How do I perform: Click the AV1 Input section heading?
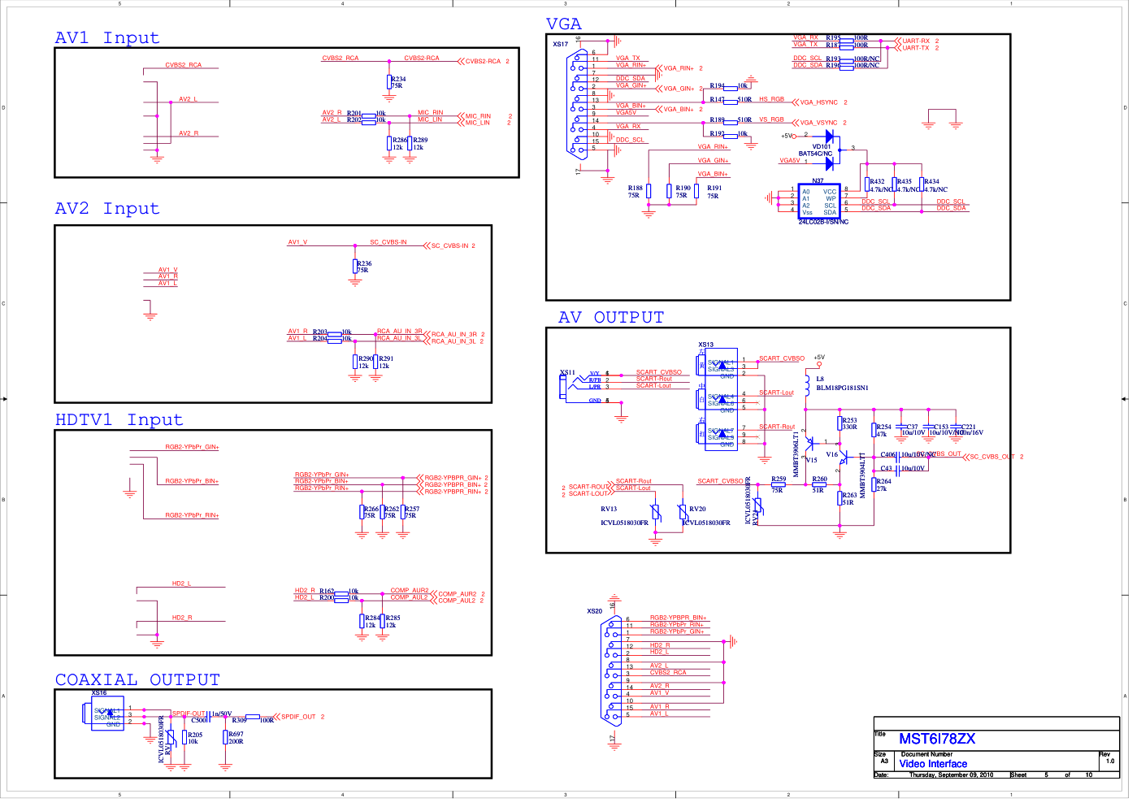point(107,38)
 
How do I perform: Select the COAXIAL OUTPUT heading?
point(137,680)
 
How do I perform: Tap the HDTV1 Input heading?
point(119,420)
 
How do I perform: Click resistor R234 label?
point(399,80)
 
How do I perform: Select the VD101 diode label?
point(822,147)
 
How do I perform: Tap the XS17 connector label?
point(561,45)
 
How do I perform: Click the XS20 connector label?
point(595,611)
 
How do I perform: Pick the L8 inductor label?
point(820,379)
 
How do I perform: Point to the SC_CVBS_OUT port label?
point(992,457)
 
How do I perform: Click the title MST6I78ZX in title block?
point(937,739)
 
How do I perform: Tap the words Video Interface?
point(933,764)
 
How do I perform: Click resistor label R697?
point(236,734)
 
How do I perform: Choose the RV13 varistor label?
point(609,510)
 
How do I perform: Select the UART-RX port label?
point(916,41)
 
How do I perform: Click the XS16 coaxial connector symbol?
point(104,714)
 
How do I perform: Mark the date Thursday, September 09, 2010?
point(951,775)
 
